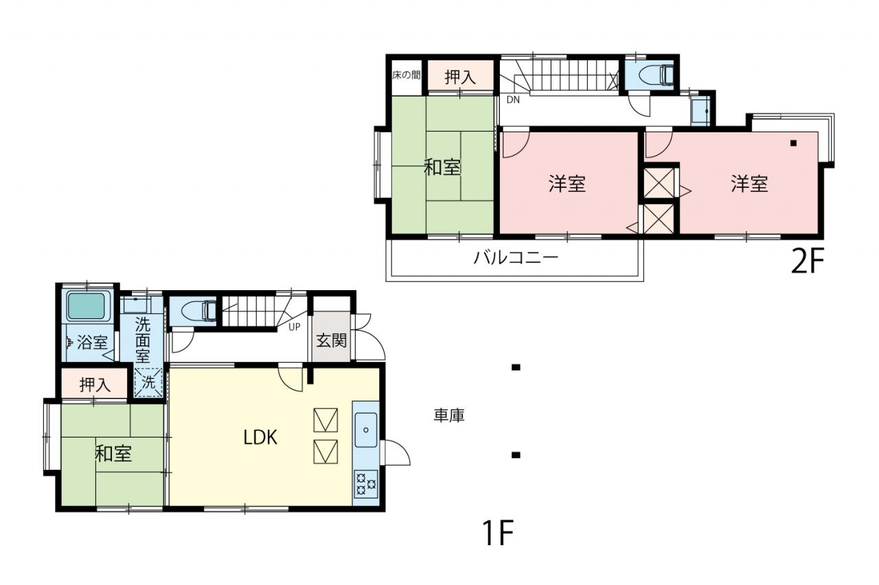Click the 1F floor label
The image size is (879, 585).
pos(499,532)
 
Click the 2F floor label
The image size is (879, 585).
pos(807,261)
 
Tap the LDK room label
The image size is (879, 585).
pos(260,438)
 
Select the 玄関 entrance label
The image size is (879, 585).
pos(331,340)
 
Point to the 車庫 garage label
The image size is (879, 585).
pos(449,416)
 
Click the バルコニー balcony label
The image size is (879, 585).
pos(516,258)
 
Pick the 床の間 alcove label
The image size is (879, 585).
pos(407,75)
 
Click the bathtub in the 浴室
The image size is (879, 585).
pos(87,306)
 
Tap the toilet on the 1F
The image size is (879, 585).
pos(199,311)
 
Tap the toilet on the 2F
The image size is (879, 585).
pos(656,74)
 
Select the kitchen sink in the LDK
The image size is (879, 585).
pos(366,430)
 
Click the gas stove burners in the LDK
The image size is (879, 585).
pos(366,483)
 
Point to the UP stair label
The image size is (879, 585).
pos(295,326)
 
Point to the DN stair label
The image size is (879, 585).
pos(513,100)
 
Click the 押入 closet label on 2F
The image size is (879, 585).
pos(460,77)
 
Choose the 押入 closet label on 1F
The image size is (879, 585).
pos(95,385)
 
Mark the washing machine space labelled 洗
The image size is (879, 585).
pos(148,382)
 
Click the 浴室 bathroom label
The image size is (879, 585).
pos(93,342)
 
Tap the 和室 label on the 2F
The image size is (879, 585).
pos(442,167)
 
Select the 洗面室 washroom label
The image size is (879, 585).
pos(142,339)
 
